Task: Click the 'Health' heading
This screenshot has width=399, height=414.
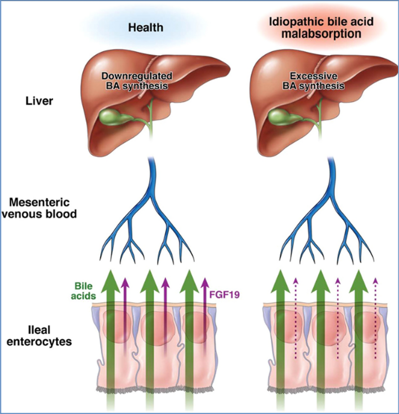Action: (x=145, y=28)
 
